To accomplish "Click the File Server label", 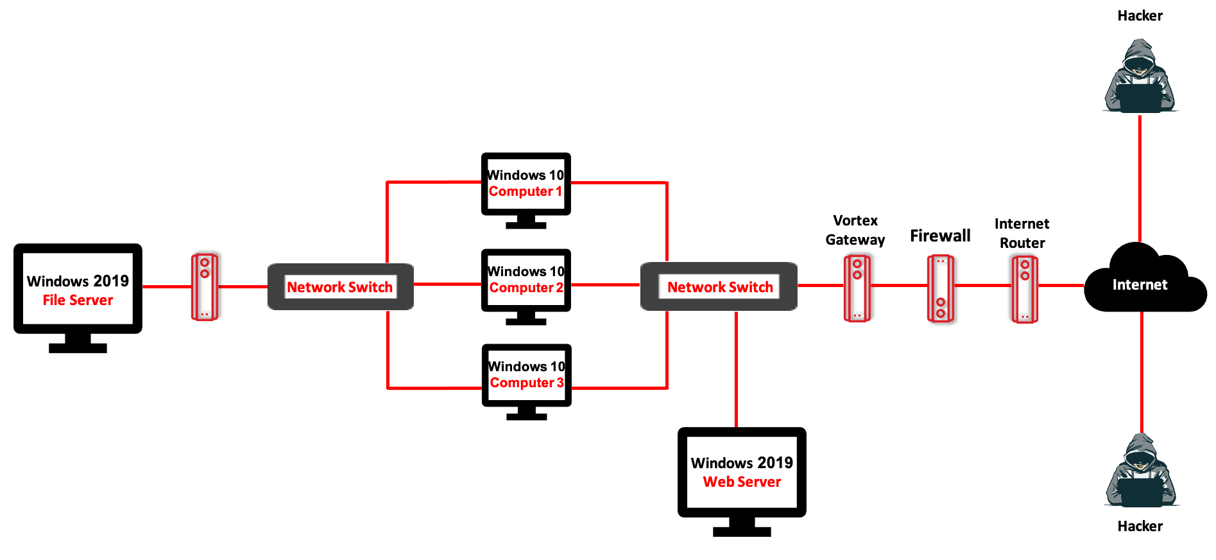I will pyautogui.click(x=78, y=300).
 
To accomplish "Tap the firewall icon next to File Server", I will pyautogui.click(x=205, y=287).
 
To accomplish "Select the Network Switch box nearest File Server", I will pyautogui.click(x=340, y=286).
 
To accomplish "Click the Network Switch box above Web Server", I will pyautogui.click(x=719, y=286).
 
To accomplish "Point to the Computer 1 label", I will pyautogui.click(x=525, y=191).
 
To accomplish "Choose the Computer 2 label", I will pyautogui.click(x=526, y=287).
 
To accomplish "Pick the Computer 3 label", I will pyautogui.click(x=527, y=383).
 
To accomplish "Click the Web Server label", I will pyautogui.click(x=742, y=482).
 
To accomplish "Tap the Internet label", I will pyautogui.click(x=1140, y=284).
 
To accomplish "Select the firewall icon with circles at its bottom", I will pyautogui.click(x=940, y=288).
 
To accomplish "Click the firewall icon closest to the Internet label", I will pyautogui.click(x=1025, y=289).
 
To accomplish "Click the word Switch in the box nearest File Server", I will pyautogui.click(x=371, y=287).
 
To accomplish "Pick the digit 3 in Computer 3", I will pyautogui.click(x=560, y=383).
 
